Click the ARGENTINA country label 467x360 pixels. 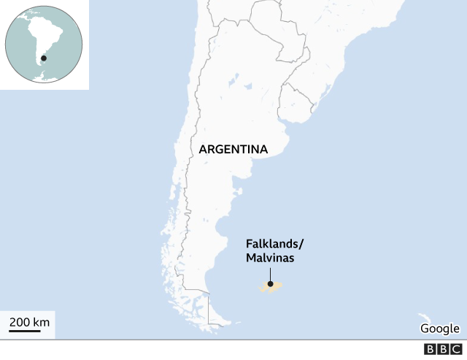(x=233, y=150)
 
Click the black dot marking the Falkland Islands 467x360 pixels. (x=270, y=284)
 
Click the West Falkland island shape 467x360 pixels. (x=263, y=287)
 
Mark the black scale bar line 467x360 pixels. (x=25, y=331)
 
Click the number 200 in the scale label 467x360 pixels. (x=20, y=321)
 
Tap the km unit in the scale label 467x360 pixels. (x=42, y=321)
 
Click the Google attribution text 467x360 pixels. (x=439, y=328)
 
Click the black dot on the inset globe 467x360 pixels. (x=44, y=58)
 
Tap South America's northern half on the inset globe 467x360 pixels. (x=40, y=29)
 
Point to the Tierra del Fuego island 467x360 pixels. (x=219, y=315)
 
